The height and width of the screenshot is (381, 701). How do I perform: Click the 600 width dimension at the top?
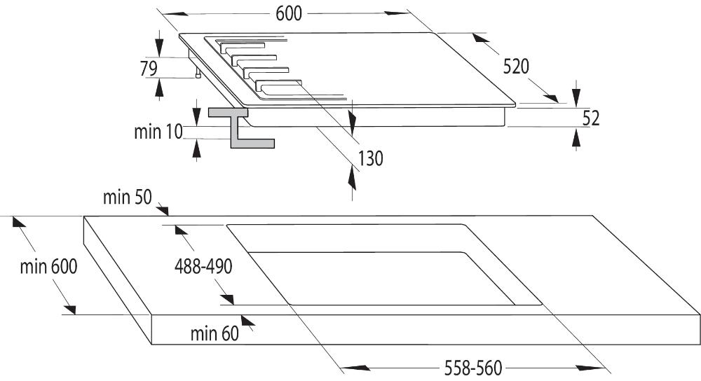tap(289, 14)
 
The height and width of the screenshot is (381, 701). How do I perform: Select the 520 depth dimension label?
tap(516, 67)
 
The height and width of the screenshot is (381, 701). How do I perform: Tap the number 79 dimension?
tap(149, 69)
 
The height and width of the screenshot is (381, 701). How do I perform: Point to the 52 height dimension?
tap(591, 118)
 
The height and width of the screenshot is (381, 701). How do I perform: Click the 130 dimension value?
tap(370, 158)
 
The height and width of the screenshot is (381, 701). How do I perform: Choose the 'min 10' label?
tap(158, 132)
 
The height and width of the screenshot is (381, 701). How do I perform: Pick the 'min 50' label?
tap(128, 197)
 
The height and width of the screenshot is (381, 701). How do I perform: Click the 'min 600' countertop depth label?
tap(49, 267)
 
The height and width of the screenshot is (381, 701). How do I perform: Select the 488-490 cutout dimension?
tap(203, 267)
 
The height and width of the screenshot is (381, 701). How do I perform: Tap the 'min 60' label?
tap(215, 333)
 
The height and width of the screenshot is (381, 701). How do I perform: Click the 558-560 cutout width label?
tap(473, 368)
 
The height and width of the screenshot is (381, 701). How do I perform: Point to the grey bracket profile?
tap(241, 127)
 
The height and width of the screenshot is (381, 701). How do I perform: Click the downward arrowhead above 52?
tap(576, 95)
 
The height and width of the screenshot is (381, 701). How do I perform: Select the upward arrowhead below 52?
tap(576, 140)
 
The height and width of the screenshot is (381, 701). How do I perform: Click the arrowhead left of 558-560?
tap(356, 368)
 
